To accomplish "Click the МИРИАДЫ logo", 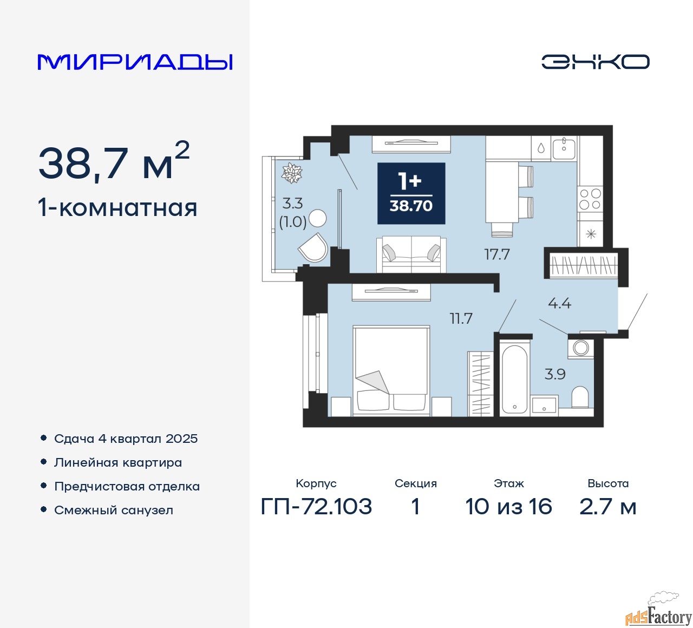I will coord(135,62).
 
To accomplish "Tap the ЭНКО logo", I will coord(595,62).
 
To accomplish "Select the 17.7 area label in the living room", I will coord(497,254).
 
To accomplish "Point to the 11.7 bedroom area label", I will coord(461,318).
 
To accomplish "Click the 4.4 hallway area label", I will coord(559,303).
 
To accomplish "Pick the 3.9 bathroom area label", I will coord(555,374).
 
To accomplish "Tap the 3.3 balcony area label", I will coord(292,204).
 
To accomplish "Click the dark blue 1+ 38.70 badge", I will coord(411,193).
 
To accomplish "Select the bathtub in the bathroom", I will coord(514,379).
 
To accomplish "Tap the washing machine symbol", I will coord(581,348).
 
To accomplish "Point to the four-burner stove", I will coord(590,199).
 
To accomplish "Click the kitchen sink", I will coord(564,147).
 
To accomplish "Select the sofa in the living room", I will coord(411,254).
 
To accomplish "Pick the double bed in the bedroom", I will coord(391,370).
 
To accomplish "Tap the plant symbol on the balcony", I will coord(291,173).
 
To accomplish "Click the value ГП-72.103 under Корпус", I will coord(316,507).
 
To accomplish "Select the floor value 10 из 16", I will coord(508,507).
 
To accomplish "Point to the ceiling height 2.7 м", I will coord(607,507).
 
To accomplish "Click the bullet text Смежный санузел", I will coord(114,510).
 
